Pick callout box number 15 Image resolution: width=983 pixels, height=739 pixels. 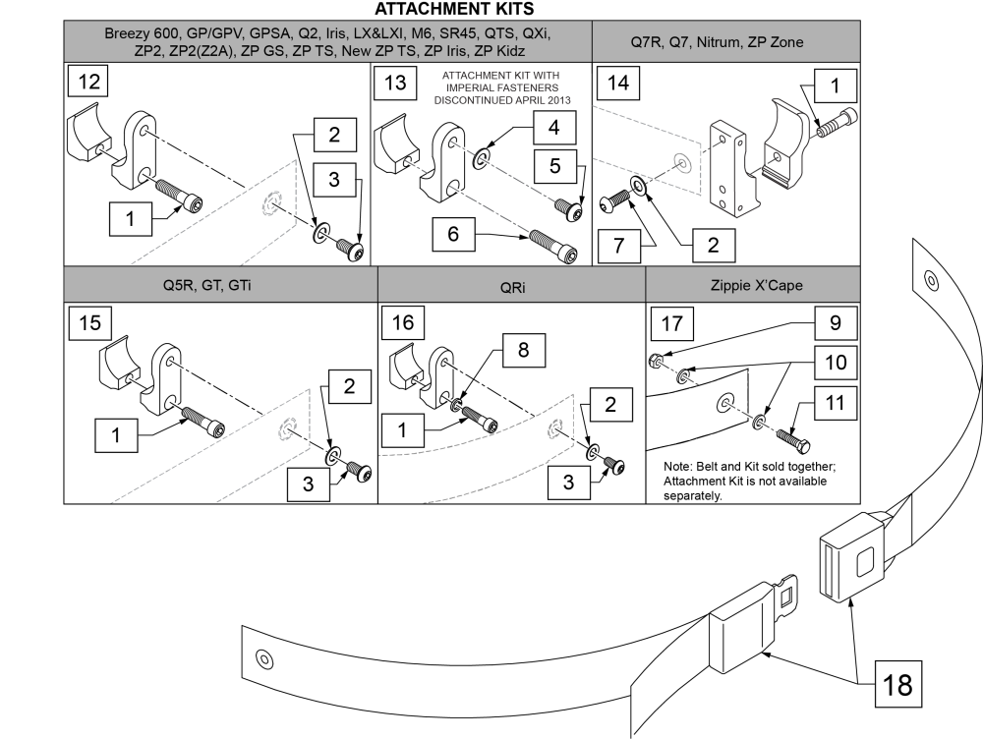pos(88,323)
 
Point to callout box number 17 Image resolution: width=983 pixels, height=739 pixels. pos(670,323)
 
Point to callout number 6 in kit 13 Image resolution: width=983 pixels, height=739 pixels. pos(452,236)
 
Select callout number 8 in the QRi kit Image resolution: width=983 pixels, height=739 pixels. pos(521,350)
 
